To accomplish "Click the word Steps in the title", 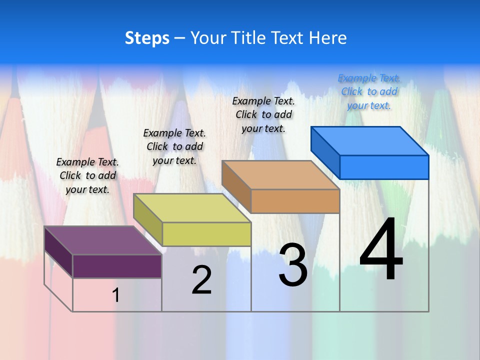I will (147, 38).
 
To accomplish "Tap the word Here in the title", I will (328, 38).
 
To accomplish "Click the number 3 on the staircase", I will (293, 264).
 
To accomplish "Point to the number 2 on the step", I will (201, 279).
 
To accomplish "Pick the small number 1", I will (116, 295).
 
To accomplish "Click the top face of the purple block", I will (102, 240).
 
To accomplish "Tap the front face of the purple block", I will (117, 266).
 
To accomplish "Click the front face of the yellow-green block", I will (206, 234).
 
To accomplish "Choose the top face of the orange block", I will (280, 175).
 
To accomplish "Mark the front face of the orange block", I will (295, 201).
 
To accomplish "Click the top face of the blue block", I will (369, 140).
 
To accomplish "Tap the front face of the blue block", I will (384, 167).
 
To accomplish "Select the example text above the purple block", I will (87, 175).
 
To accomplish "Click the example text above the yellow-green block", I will (174, 146).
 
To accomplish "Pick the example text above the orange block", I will (263, 114).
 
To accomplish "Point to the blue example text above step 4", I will (369, 91).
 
